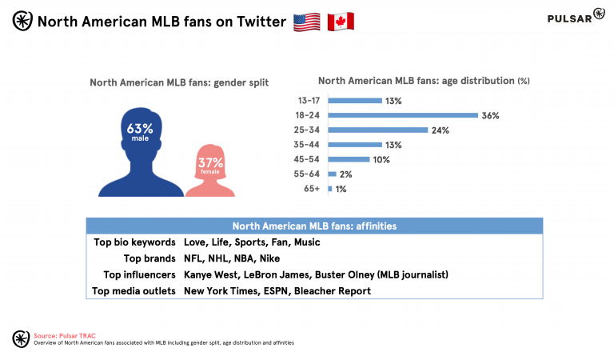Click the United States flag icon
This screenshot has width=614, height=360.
pos(306,22)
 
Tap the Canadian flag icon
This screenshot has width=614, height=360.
pos(340,22)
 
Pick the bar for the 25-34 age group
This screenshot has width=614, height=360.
pos(377,130)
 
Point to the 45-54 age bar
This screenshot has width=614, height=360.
pos(349,159)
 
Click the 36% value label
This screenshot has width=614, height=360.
pos(490,115)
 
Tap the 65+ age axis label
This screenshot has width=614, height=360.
pos(313,189)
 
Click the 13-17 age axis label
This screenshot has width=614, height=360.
pos(308,101)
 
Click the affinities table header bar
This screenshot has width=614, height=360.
pos(314,226)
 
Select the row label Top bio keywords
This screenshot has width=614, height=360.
pos(134,242)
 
